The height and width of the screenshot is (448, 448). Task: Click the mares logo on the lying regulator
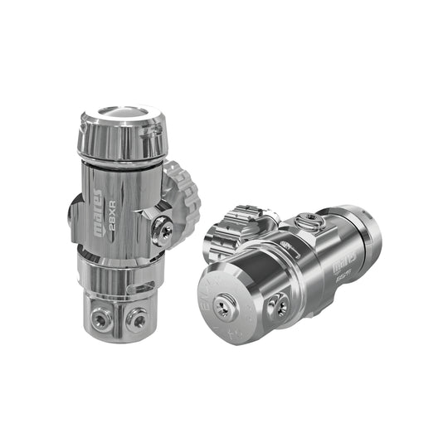pos(342,268)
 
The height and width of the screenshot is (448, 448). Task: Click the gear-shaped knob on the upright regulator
pos(181,196)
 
